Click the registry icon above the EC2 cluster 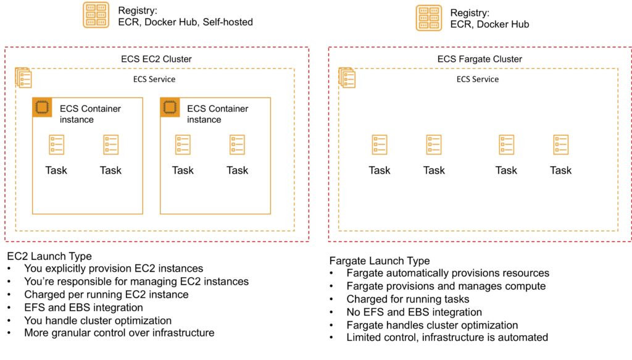(x=96, y=15)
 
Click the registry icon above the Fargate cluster (x=428, y=18)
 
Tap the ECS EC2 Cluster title (x=156, y=59)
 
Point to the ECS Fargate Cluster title (x=480, y=59)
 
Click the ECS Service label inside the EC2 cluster (x=154, y=79)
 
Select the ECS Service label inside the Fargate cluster (x=478, y=79)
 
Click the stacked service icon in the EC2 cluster (x=23, y=78)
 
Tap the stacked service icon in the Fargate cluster (x=347, y=78)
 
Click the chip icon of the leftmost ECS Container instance (x=41, y=107)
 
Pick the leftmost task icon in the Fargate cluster (x=380, y=145)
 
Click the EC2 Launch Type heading (x=49, y=256)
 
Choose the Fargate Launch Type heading (x=380, y=261)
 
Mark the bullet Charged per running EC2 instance (x=106, y=295)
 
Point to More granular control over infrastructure (x=119, y=333)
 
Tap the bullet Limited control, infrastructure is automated (x=447, y=337)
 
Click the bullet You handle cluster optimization (x=98, y=320)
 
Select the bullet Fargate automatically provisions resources (x=447, y=273)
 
